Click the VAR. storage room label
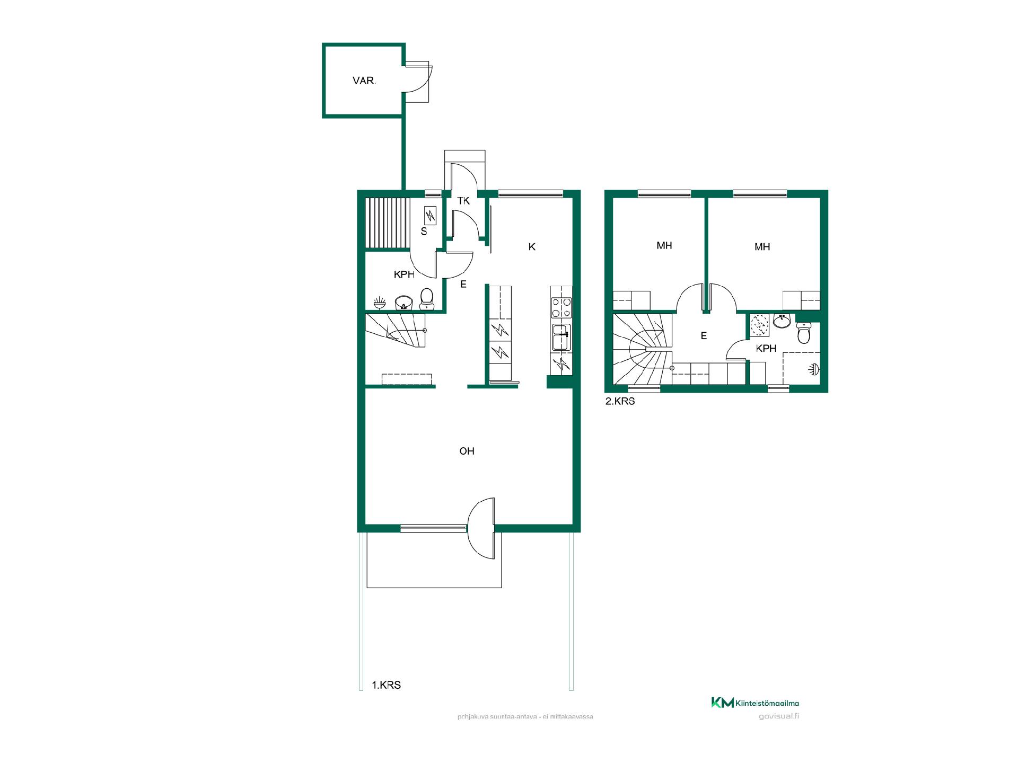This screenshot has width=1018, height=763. point(364,81)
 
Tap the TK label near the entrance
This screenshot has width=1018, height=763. point(463,201)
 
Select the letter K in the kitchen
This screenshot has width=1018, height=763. point(532,247)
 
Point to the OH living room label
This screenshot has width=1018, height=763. point(467,451)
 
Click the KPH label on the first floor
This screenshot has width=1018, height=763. point(404,274)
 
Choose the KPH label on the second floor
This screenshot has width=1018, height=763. point(766,348)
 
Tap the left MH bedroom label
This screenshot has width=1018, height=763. point(664,245)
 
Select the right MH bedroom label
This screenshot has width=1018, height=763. point(762,247)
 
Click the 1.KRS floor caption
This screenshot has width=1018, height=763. point(386,685)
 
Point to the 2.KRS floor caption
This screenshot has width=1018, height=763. point(620,401)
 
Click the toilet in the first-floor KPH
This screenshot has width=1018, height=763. point(427,299)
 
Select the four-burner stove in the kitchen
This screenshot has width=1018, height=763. point(561,308)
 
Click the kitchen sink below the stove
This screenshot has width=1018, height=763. point(561,337)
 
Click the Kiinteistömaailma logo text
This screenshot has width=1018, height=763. point(767,703)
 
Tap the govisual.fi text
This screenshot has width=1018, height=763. point(779,716)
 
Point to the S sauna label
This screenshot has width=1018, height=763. point(424,232)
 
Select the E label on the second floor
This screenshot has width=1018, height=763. point(704,336)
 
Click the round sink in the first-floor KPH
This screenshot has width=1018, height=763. point(404,303)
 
